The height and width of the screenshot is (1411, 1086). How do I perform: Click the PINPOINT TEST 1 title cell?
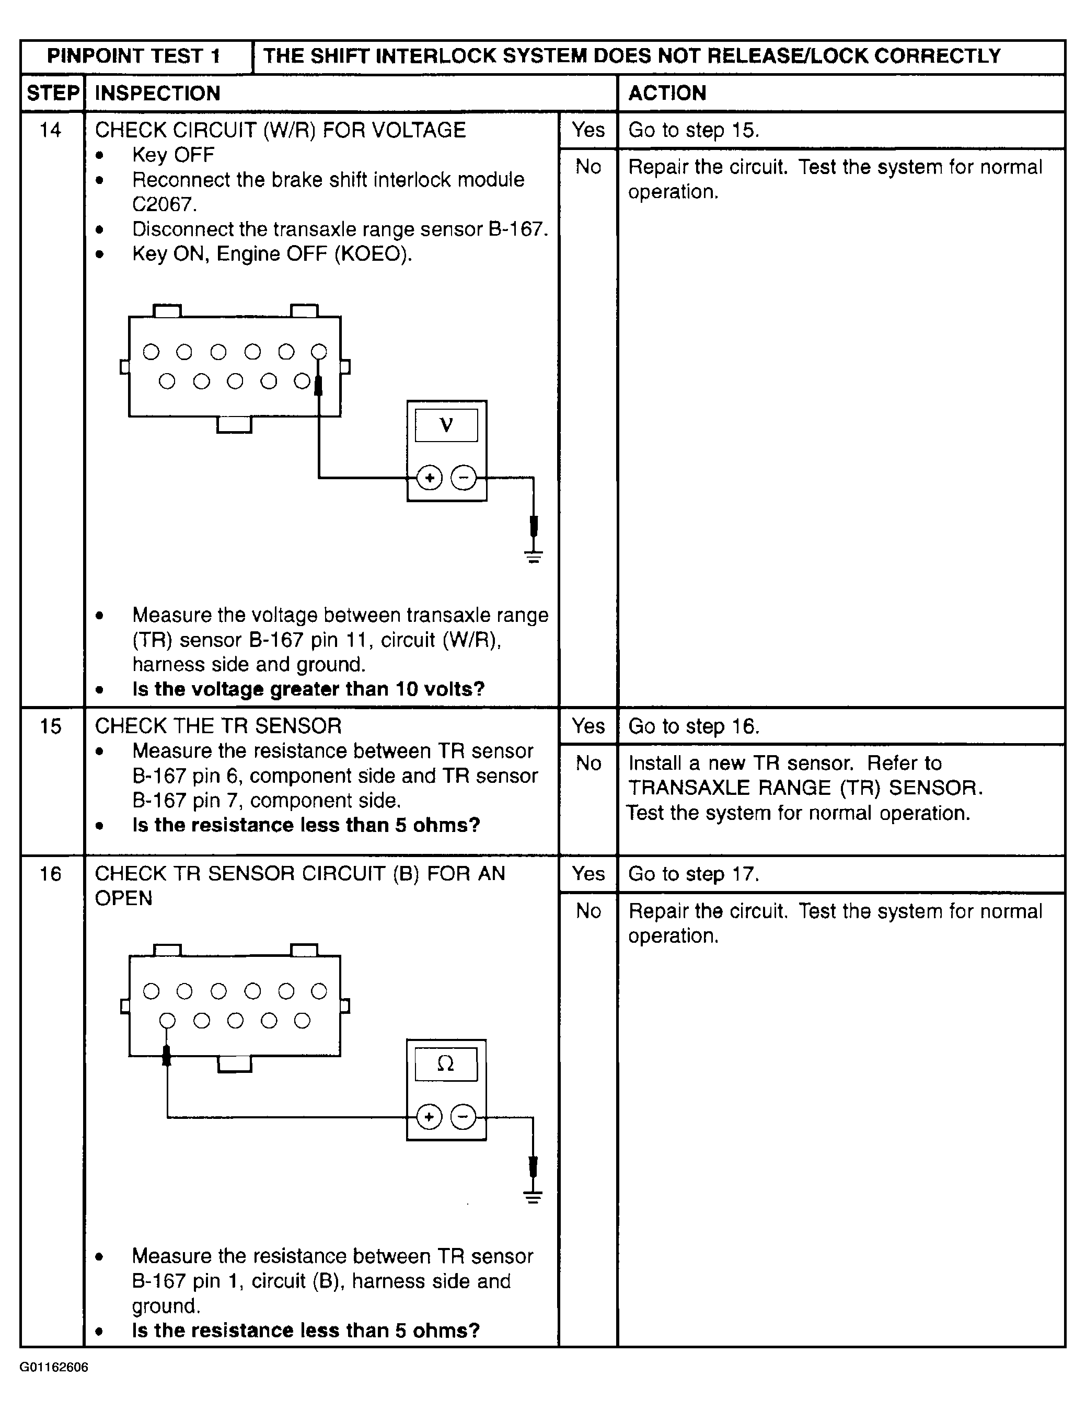coord(134,56)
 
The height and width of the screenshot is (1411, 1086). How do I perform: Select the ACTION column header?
coord(667,93)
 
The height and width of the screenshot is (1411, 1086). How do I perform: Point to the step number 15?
coord(50,726)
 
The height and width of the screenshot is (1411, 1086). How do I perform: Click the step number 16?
coord(50,874)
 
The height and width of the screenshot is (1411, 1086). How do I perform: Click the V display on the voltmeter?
coord(446,425)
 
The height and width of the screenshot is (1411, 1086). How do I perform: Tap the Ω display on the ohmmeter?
coord(446,1063)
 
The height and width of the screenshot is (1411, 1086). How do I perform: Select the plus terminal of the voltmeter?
coord(430,478)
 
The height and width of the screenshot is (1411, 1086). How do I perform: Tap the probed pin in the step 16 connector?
coord(167,1021)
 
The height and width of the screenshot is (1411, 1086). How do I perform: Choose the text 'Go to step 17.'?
coord(693,874)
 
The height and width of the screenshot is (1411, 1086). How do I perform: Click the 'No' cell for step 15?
coord(588,763)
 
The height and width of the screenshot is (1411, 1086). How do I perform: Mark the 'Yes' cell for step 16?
coord(588,874)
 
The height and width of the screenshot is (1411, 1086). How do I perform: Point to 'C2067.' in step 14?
coord(164,204)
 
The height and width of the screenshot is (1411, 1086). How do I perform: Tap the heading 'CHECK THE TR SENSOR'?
coord(218,726)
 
